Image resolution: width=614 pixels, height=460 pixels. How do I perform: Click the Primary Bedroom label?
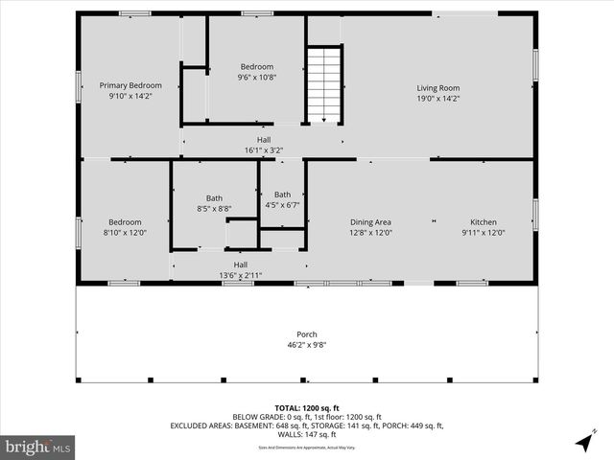[x=130, y=85]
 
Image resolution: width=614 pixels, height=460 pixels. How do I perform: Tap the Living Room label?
[x=437, y=88]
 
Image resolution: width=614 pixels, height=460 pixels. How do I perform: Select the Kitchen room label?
[x=483, y=221]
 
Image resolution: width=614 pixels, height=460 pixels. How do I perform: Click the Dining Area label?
[x=370, y=221]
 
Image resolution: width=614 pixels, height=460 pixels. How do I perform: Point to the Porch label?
[x=307, y=334]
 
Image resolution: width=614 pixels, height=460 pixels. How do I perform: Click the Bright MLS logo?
[x=37, y=447]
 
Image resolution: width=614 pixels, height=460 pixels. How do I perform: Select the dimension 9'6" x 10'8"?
[x=256, y=78]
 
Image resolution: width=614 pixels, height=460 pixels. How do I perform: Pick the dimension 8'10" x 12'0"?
[x=125, y=232]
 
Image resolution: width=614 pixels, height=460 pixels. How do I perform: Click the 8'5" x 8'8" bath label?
[x=214, y=208]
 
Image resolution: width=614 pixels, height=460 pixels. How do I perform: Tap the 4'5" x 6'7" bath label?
[x=282, y=204]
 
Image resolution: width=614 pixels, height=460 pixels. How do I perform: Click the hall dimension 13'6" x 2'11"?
[x=241, y=275]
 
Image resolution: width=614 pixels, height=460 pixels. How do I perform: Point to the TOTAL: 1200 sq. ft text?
[x=307, y=407]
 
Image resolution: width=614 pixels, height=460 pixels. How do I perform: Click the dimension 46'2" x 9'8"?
[x=307, y=345]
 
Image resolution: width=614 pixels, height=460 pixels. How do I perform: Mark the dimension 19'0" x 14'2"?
[x=437, y=98]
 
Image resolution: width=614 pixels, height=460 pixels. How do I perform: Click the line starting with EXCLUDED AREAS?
[x=307, y=425]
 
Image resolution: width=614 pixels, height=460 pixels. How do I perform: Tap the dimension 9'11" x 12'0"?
[x=483, y=232]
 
